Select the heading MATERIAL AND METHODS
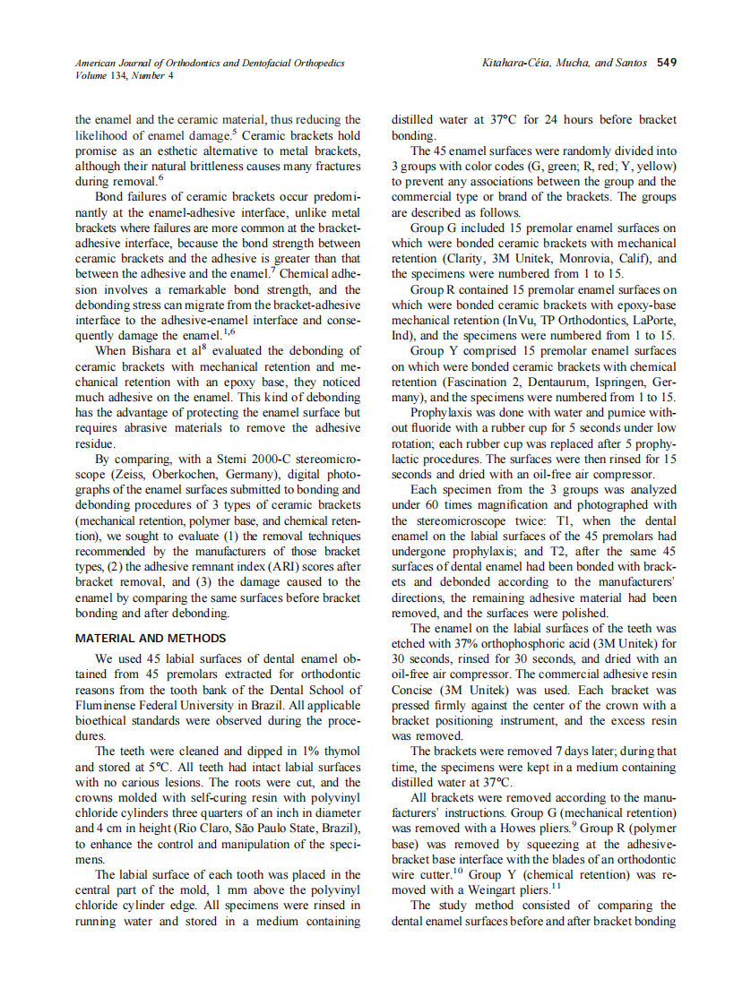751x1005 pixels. [151, 639]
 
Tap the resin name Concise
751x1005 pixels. [415, 691]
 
